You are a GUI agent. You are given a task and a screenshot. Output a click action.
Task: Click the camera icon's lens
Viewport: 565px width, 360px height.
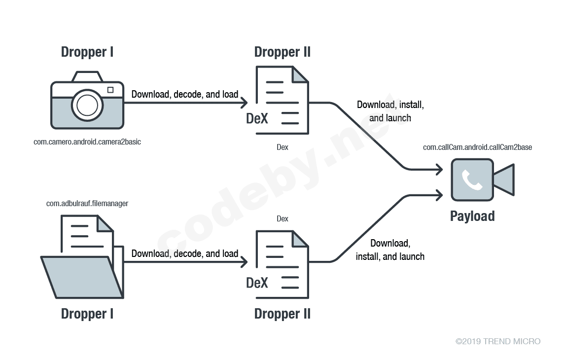(87, 105)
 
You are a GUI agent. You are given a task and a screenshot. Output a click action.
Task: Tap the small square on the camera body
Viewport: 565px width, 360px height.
(110, 90)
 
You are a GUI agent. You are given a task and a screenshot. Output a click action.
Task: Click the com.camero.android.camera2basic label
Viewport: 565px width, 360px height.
(87, 142)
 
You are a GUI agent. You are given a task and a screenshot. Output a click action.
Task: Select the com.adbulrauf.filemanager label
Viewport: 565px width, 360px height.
(87, 203)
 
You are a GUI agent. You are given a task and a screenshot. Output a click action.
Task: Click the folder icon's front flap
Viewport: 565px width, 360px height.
(81, 277)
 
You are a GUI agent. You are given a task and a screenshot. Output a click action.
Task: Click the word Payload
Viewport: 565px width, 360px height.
(472, 216)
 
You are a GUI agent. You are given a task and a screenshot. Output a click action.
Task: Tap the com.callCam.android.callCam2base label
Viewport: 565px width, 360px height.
(477, 147)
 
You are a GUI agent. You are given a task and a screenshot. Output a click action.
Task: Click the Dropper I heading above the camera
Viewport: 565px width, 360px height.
(87, 52)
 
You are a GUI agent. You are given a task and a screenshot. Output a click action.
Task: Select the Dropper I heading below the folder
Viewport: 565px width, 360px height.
(87, 314)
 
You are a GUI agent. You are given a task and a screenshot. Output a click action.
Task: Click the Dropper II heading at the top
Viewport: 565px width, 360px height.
(282, 52)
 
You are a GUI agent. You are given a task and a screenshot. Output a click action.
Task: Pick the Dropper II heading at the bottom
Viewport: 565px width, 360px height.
(282, 314)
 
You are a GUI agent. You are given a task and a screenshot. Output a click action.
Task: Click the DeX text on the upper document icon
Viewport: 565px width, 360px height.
(257, 119)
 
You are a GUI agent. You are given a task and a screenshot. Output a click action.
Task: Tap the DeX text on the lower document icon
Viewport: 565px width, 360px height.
(257, 283)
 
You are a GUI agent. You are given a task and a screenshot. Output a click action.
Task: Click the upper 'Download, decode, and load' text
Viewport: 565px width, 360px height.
(185, 94)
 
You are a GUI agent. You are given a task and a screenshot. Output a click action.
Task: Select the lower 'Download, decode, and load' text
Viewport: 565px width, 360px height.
(185, 253)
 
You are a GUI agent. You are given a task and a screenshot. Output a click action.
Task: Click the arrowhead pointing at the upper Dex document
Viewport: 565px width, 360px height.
(244, 103)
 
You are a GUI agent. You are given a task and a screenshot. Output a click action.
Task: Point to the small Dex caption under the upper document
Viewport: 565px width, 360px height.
(282, 147)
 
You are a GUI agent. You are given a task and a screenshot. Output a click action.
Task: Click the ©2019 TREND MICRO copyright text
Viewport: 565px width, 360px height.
(497, 341)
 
